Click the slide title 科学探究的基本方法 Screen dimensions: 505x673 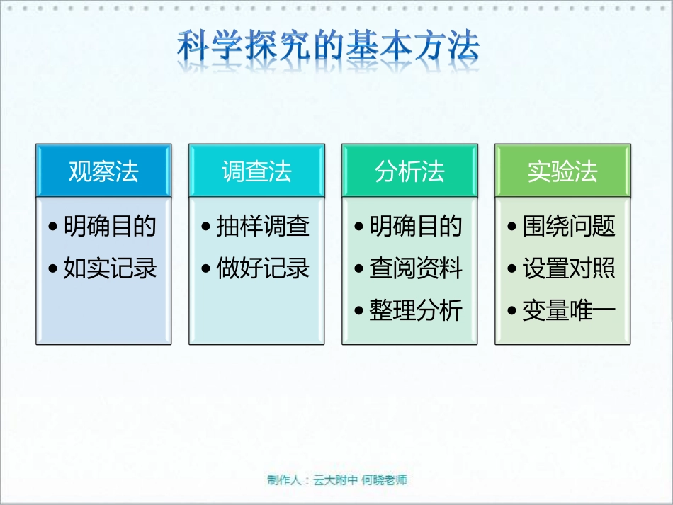[327, 47]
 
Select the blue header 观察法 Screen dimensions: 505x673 [103, 171]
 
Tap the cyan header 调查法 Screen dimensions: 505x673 [256, 171]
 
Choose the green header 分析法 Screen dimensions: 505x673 [409, 171]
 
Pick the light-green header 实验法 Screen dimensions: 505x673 [562, 171]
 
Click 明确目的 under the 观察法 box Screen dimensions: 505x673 [110, 227]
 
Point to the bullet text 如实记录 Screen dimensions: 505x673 [110, 268]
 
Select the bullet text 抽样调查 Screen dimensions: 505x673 [263, 227]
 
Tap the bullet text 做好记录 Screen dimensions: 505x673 [263, 268]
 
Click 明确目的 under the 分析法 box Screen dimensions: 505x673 [416, 227]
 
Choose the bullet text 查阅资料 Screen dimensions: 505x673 [416, 268]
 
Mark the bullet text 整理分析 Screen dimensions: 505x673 [416, 310]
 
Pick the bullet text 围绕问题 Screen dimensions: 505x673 [569, 227]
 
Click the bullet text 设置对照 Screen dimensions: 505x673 [569, 268]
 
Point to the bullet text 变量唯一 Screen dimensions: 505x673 [569, 310]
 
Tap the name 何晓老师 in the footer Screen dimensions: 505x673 [384, 480]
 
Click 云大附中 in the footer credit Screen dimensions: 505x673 [336, 480]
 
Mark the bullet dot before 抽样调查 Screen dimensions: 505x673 [206, 227]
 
